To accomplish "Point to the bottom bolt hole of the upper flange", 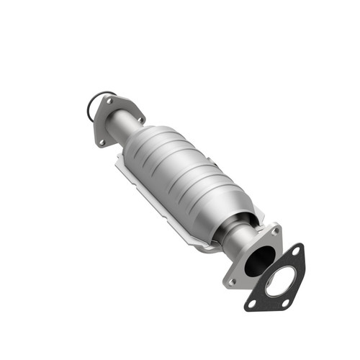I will tap(102, 142).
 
